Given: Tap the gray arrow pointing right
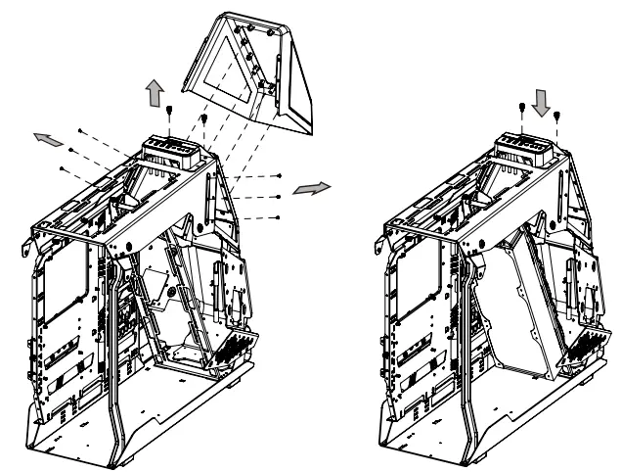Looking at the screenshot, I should point(314,186).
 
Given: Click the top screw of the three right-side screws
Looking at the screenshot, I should point(281,177).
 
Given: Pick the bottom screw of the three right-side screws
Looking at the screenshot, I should point(281,215).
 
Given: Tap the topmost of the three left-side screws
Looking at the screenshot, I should point(80,129).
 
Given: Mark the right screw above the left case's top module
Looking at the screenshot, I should point(204,118).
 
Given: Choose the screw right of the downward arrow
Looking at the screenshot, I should point(556,116).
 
